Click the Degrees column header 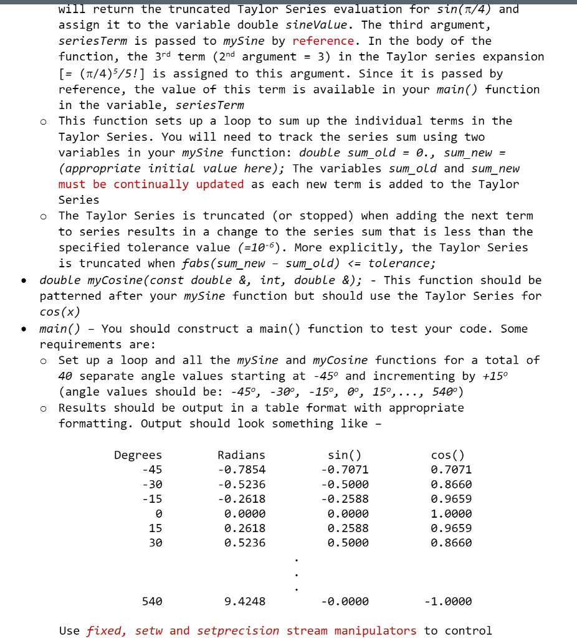pos(138,455)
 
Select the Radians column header pos(241,455)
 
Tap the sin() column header pos(345,455)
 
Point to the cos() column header pos(447,455)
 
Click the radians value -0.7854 pos(241,470)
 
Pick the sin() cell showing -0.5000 pos(345,484)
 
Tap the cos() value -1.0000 pos(447,602)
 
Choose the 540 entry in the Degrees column pos(152,602)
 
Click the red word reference pos(323,41)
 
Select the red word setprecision pos(238,631)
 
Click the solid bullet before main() pos(23,328)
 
